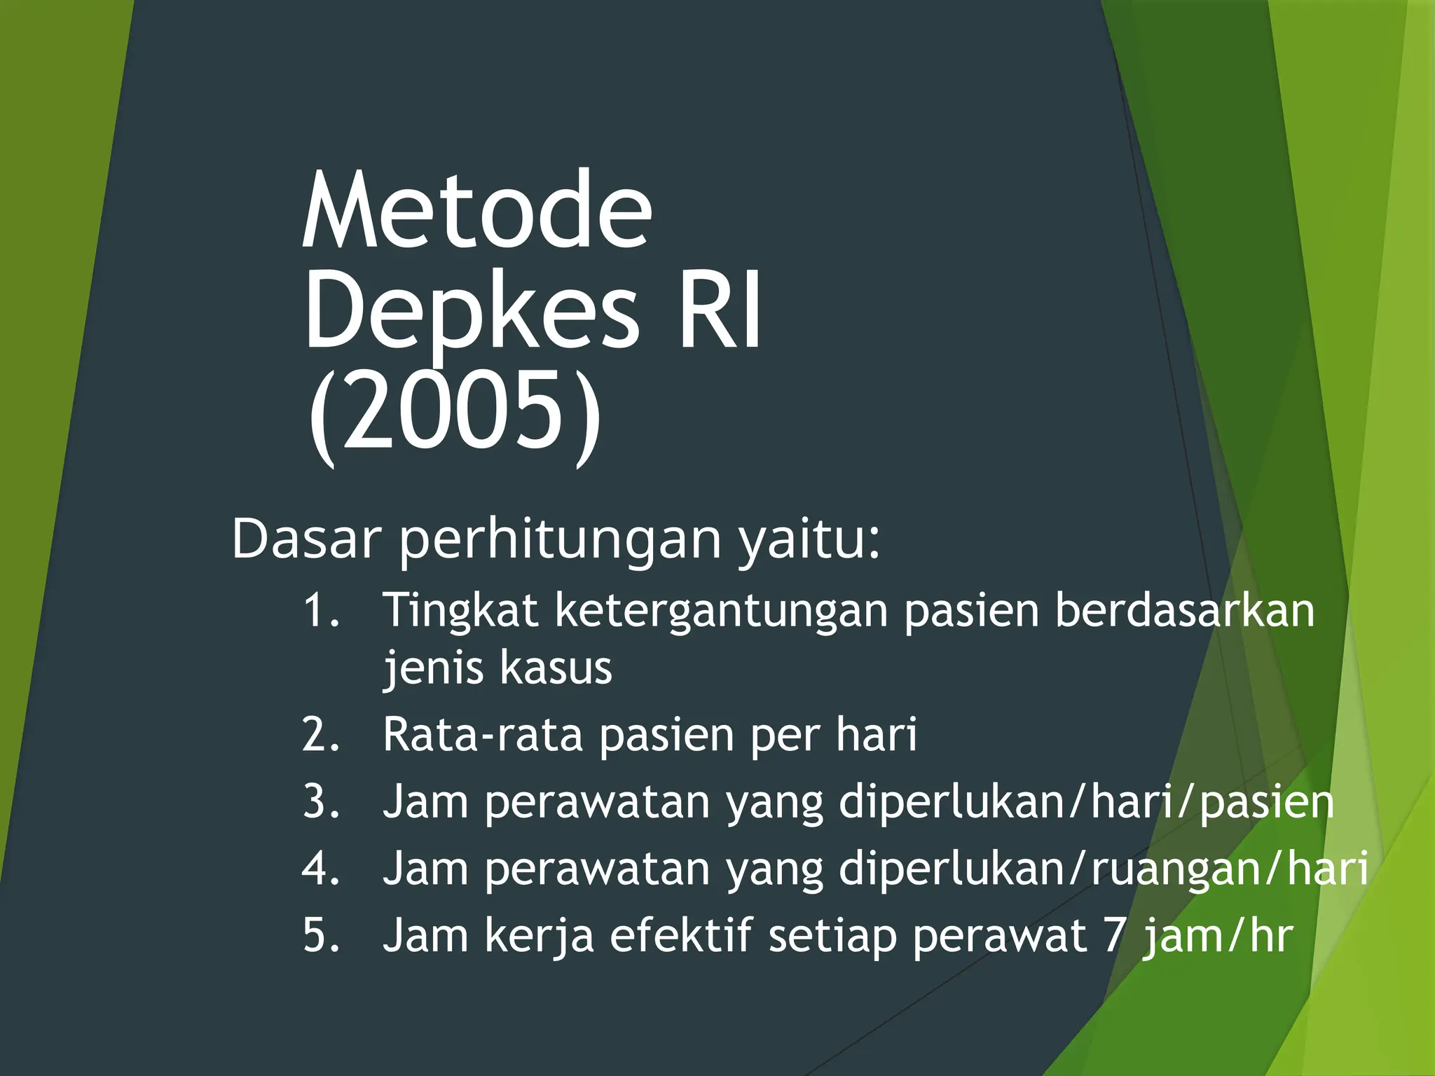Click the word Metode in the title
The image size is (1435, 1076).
click(x=476, y=212)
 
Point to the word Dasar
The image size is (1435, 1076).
click(x=306, y=539)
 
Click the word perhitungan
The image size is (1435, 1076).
click(x=560, y=540)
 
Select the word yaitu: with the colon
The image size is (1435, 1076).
click(x=809, y=540)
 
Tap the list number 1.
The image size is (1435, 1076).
click(x=322, y=610)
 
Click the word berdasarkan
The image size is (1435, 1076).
click(x=1184, y=610)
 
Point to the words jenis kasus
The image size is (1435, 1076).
click(x=497, y=668)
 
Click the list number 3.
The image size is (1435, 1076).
click(x=322, y=802)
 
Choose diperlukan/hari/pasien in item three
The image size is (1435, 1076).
click(x=1086, y=803)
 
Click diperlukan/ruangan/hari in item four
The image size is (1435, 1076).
click(x=1103, y=869)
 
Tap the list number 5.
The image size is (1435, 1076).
click(x=322, y=936)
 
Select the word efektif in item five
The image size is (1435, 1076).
click(x=680, y=936)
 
